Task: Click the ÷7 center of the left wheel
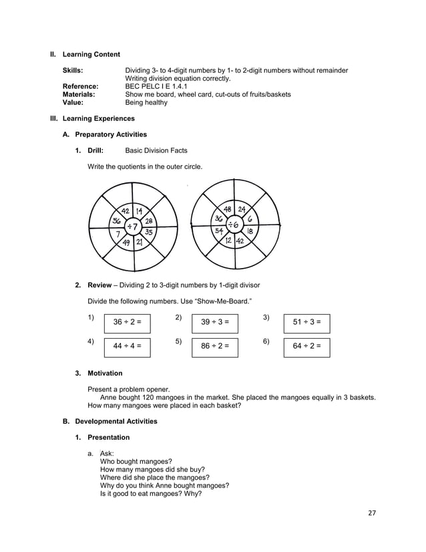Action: coord(134,226)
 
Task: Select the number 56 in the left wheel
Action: coord(117,221)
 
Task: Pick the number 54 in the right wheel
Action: coord(218,231)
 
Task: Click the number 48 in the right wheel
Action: coord(228,209)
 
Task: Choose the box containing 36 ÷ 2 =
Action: coord(127,322)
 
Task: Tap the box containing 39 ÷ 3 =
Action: coord(214,322)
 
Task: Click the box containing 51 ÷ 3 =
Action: coord(306,322)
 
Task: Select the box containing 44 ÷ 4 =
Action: coord(127,346)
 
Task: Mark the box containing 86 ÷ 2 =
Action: coord(214,346)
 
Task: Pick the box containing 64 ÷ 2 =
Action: coord(306,346)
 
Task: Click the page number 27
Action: coord(372,513)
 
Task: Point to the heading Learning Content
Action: coord(91,54)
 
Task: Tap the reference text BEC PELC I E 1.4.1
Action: coord(156,87)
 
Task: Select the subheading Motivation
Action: coord(105,373)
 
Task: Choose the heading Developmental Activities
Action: coord(116,422)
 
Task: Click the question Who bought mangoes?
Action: coord(136,461)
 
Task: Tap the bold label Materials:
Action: coord(79,95)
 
